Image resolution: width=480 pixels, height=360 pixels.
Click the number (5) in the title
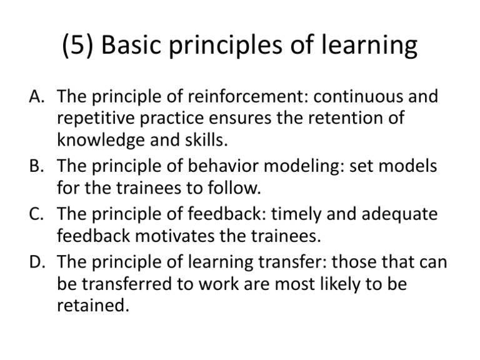[x=77, y=44]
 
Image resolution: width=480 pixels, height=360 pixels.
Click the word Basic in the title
[x=131, y=44]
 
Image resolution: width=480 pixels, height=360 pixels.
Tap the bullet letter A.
[x=37, y=96]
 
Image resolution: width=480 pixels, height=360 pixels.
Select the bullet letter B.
[x=36, y=166]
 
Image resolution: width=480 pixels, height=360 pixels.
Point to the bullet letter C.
[x=36, y=214]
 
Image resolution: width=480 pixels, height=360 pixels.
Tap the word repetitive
[x=96, y=119]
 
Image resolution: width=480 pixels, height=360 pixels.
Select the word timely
[x=296, y=215]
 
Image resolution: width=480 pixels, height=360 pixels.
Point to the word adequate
[x=399, y=215]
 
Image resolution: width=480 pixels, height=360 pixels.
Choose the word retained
[x=93, y=305]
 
